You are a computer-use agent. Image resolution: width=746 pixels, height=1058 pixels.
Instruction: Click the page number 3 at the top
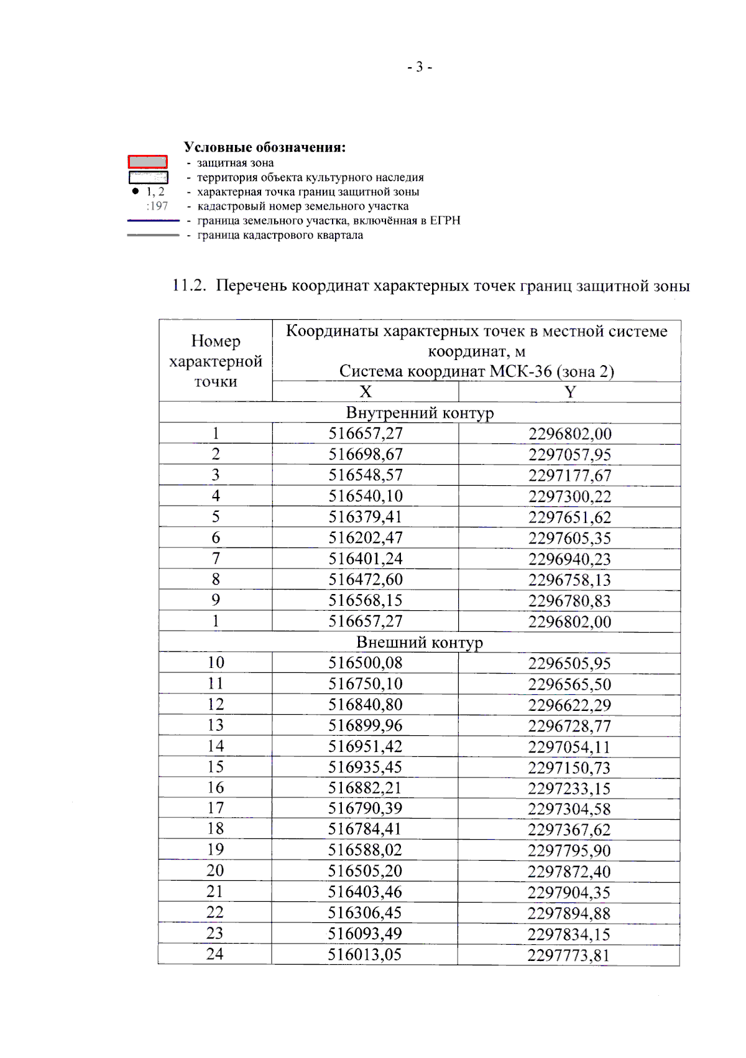coord(420,67)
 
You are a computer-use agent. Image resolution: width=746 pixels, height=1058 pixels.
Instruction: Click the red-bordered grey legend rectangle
coord(147,162)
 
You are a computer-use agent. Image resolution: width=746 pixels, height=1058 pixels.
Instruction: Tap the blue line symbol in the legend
coord(153,220)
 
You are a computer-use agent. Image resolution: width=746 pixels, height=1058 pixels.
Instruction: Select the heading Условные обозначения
coord(264,147)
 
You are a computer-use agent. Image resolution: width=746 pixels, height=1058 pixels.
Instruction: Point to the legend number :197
coord(157,206)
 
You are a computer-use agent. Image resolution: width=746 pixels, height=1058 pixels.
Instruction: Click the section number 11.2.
coord(188,285)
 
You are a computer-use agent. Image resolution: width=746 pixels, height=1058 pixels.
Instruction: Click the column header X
coord(366,391)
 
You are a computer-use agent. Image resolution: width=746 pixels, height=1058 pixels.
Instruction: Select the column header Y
coord(569,391)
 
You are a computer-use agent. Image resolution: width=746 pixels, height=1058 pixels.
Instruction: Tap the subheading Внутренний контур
coord(420,413)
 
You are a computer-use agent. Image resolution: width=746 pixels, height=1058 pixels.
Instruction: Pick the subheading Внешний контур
coord(420,642)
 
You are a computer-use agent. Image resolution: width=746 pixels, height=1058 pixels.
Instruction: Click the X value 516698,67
coord(366,454)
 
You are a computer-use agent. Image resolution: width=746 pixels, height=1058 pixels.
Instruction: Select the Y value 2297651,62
coord(569,517)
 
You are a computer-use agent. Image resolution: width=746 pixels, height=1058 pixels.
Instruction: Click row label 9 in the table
coord(216,600)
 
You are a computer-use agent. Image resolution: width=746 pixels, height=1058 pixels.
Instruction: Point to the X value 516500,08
coord(366,663)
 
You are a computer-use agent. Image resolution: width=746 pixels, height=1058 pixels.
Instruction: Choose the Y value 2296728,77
coord(569,726)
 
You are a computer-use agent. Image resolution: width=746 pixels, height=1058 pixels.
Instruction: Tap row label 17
coord(216,808)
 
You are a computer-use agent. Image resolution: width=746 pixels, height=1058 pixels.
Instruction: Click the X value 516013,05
coord(365,954)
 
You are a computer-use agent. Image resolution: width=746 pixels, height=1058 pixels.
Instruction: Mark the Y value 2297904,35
coord(569,893)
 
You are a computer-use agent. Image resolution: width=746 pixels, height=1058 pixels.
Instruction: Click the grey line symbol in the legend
coord(153,235)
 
